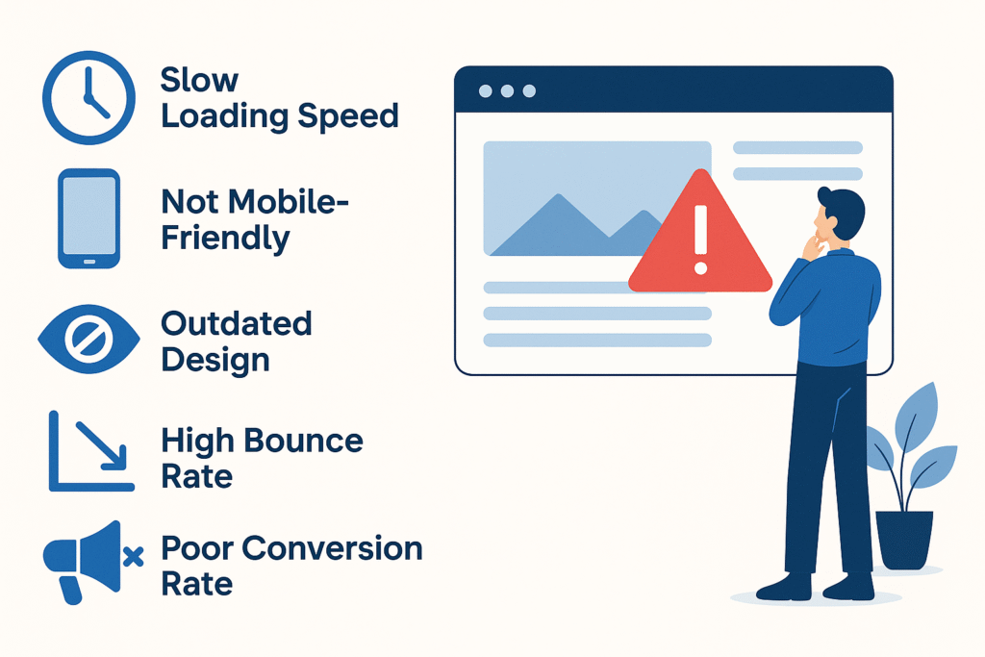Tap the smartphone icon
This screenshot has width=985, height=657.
tap(89, 218)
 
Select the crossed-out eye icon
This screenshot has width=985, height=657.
tap(88, 340)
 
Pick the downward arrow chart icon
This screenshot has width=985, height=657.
tap(91, 450)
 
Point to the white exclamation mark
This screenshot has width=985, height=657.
tap(701, 240)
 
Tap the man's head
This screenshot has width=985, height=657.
tap(839, 215)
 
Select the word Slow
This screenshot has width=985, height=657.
tap(199, 81)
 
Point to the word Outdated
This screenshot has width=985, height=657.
tap(237, 324)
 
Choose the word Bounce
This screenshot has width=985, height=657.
tap(303, 441)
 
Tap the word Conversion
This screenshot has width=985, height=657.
tap(332, 548)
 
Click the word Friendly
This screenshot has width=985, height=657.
tap(225, 239)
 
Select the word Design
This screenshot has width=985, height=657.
tap(215, 361)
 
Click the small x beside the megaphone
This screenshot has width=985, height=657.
tap(133, 557)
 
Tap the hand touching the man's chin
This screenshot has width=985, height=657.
tap(814, 245)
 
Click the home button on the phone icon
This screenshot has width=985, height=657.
tap(89, 262)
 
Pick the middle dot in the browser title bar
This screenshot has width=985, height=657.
tap(507, 91)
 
